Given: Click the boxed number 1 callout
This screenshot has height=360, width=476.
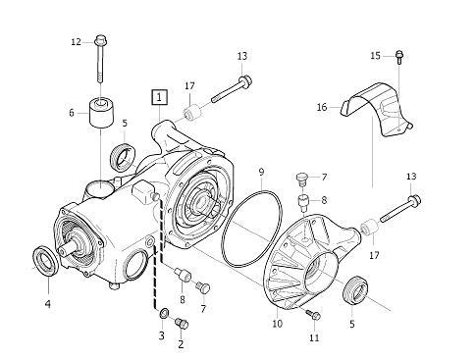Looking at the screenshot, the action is point(160,97).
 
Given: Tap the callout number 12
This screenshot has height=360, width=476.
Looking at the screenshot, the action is point(77,42).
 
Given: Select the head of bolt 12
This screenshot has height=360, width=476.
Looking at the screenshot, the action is point(101,41).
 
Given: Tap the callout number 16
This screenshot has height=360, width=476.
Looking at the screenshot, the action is point(322,107).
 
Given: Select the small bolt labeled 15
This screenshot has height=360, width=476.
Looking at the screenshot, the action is point(399,57).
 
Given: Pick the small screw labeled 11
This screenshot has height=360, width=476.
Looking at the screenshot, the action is point(313,315).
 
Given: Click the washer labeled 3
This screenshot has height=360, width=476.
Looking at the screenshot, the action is point(164,313).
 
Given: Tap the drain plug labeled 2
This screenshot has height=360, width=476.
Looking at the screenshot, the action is point(182,323).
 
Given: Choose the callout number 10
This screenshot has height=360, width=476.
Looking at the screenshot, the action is point(277,324).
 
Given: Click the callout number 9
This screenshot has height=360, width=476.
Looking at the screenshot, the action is point(261,172).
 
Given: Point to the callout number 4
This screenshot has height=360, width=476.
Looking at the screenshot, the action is point(48,304).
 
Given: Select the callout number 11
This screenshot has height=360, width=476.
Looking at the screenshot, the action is point(314,338).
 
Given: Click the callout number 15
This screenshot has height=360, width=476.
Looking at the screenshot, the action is point(376,56).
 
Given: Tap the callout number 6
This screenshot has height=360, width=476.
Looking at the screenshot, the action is point(72,113).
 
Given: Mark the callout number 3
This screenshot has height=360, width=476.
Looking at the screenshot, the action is point(162,335).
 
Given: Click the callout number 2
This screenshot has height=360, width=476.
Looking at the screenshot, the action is point(181,344).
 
